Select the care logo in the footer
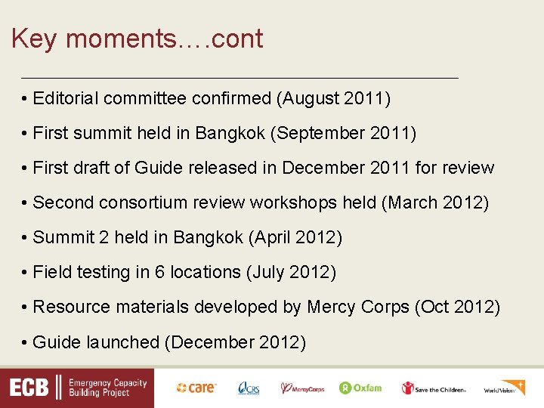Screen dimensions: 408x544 coord(196,388)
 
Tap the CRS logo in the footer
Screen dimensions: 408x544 coord(249,388)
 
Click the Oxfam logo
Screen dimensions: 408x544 coord(360,388)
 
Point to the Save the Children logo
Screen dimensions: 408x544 coord(434,388)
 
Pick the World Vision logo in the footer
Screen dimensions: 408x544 coord(504,388)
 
